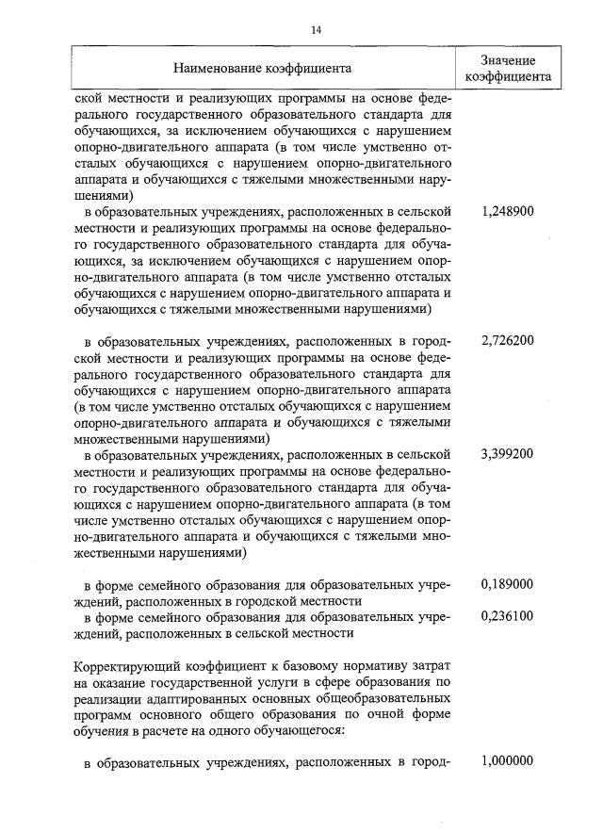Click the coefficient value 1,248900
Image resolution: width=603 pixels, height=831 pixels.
coord(507,211)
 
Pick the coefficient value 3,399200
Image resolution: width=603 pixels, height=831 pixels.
coord(507,453)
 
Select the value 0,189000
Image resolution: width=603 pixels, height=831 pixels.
coord(507,583)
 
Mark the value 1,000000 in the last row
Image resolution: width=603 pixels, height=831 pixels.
coord(507,761)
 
